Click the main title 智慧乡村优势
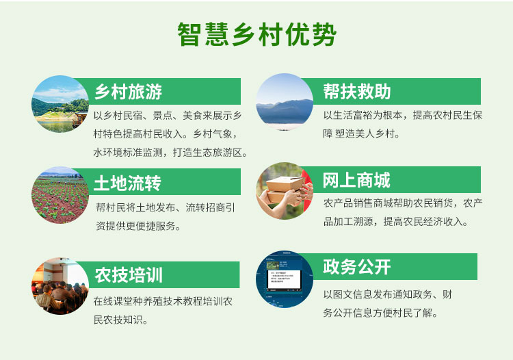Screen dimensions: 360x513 click(x=256, y=34)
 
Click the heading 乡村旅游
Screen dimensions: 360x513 click(x=128, y=91)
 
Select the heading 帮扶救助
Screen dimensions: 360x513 click(x=356, y=91)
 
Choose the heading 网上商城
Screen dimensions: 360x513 click(x=356, y=180)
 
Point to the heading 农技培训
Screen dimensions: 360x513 click(x=129, y=275)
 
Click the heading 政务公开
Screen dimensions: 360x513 click(x=356, y=266)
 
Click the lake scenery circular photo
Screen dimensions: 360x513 click(x=60, y=104)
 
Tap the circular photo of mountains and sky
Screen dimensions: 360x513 click(x=285, y=102)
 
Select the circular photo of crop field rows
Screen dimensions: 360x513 click(x=60, y=195)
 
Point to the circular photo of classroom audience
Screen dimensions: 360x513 click(x=60, y=287)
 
